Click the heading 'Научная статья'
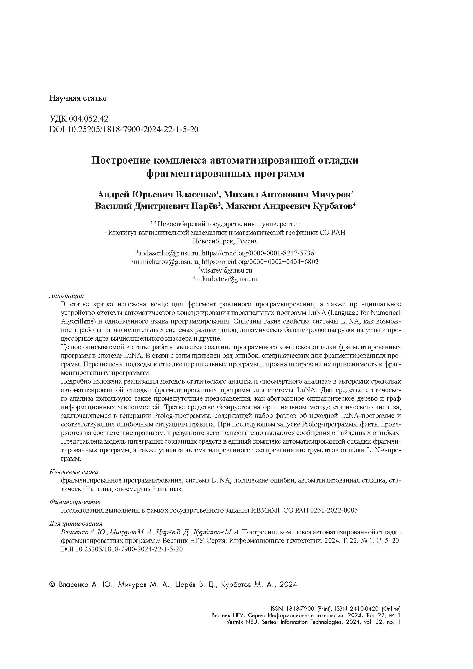pyautogui.click(x=77, y=98)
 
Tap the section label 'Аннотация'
pyautogui.click(x=67, y=296)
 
